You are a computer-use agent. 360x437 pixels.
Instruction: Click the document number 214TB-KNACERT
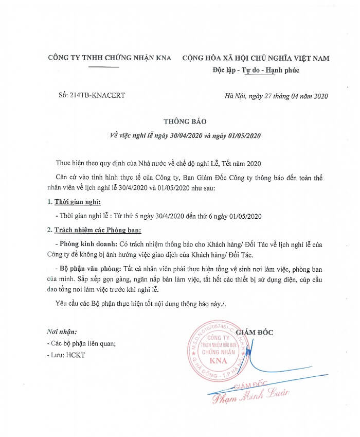pyautogui.click(x=92, y=96)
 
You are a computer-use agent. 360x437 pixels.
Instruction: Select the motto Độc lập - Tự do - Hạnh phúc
pyautogui.click(x=256, y=71)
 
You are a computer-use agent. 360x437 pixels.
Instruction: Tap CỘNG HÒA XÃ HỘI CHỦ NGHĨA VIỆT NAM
pyautogui.click(x=256, y=58)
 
